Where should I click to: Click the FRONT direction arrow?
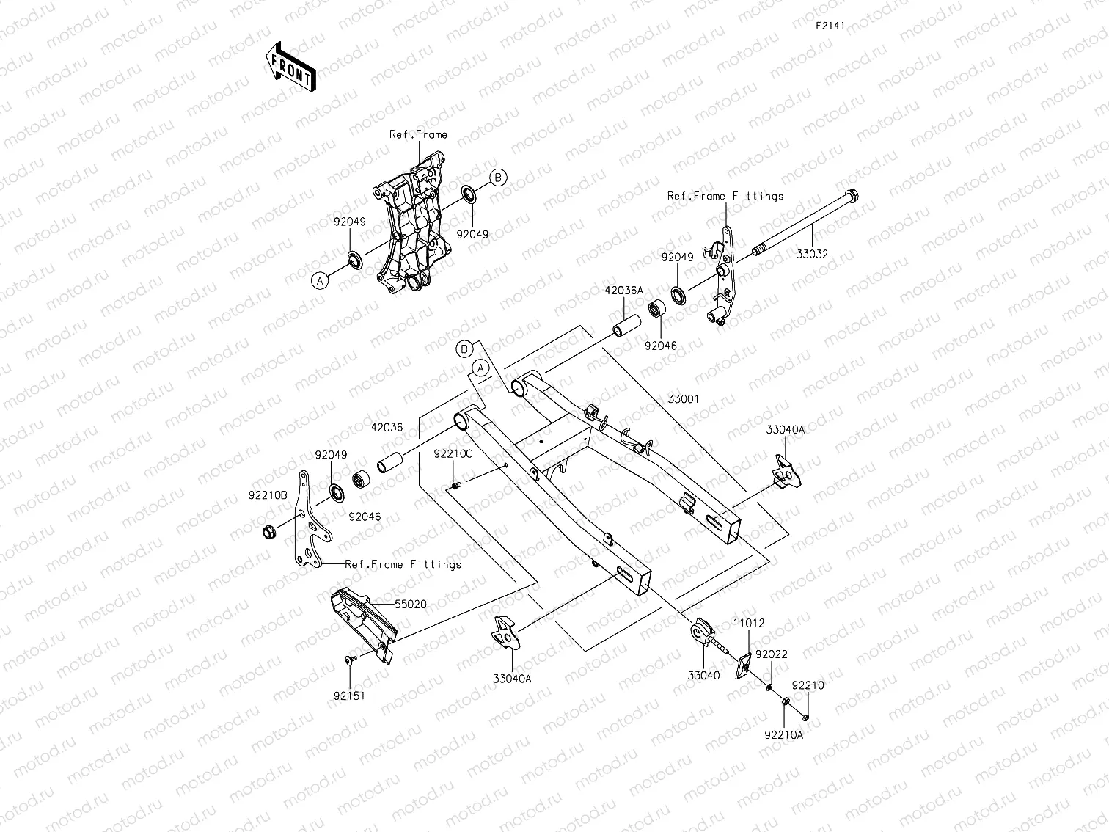pyautogui.click(x=290, y=66)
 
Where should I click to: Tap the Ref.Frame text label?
pyautogui.click(x=417, y=134)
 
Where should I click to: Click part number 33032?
pyautogui.click(x=812, y=254)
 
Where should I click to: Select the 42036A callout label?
pyautogui.click(x=623, y=291)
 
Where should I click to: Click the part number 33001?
pyautogui.click(x=684, y=400)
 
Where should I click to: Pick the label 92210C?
pyautogui.click(x=453, y=453)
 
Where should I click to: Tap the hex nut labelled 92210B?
pyautogui.click(x=268, y=530)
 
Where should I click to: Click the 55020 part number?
pyautogui.click(x=411, y=605)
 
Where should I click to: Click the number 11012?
pyautogui.click(x=748, y=623)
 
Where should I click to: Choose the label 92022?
pyautogui.click(x=772, y=654)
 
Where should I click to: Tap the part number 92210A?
pyautogui.click(x=783, y=734)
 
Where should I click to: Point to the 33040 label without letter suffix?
pyautogui.click(x=703, y=676)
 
